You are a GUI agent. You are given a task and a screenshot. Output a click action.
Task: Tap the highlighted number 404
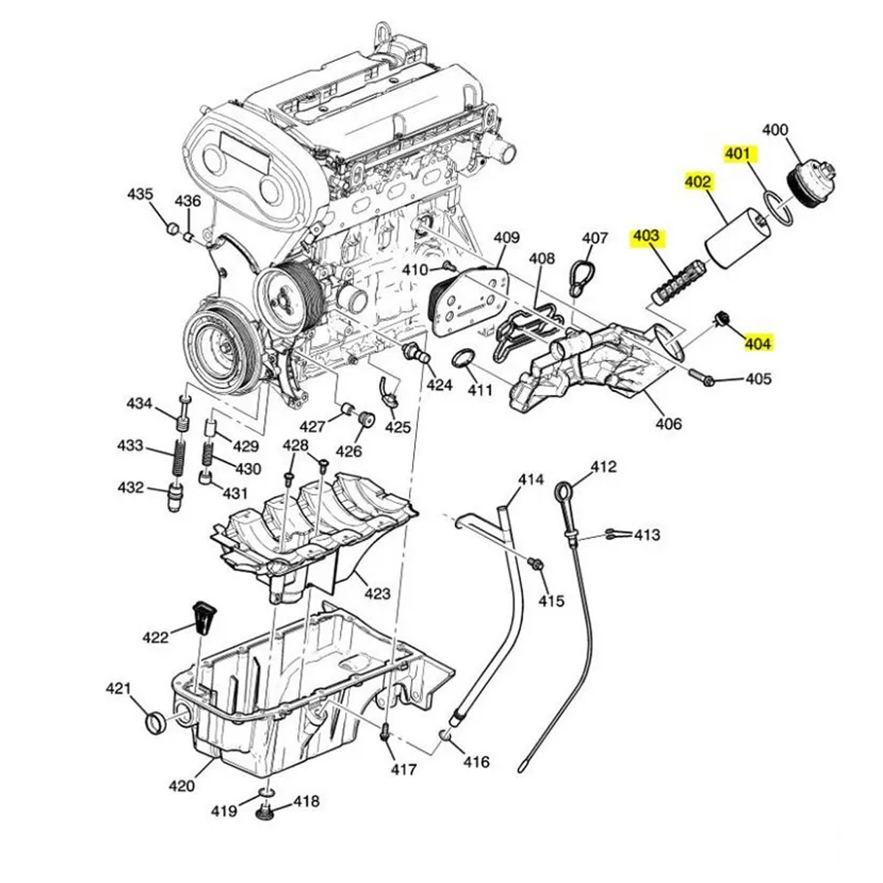pyautogui.click(x=758, y=343)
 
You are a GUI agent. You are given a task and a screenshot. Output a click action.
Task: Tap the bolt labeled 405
pyautogui.click(x=702, y=377)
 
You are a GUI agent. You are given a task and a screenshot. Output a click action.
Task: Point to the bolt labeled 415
pyautogui.click(x=536, y=564)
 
